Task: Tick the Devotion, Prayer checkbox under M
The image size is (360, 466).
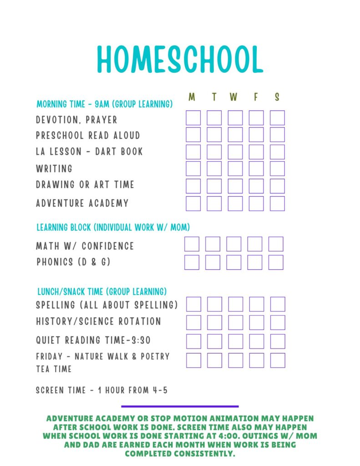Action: coord(193,118)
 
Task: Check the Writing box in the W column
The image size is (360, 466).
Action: coord(235,168)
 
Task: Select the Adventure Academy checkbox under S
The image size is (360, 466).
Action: coord(277,203)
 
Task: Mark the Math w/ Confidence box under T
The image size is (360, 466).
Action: coord(213,244)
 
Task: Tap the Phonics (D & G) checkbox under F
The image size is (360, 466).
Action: coord(255,262)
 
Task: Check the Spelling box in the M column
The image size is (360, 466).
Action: coord(193,304)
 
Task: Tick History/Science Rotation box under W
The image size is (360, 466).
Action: coord(236,322)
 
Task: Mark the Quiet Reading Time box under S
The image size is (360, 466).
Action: coord(278,341)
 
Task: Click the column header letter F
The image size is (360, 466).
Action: coord(256,97)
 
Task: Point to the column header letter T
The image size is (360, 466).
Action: coord(214,97)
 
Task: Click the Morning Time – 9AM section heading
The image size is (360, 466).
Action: coord(104,104)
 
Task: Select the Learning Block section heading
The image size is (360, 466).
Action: coord(113,227)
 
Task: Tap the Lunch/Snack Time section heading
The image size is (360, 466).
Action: coord(101,291)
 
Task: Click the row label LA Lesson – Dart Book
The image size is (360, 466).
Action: coord(89,152)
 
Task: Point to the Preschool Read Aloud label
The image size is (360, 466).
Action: coord(88,136)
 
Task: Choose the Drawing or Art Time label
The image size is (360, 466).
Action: coord(85,185)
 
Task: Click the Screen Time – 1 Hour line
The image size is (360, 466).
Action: coord(102,390)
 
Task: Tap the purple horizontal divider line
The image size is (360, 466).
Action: coord(180,406)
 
